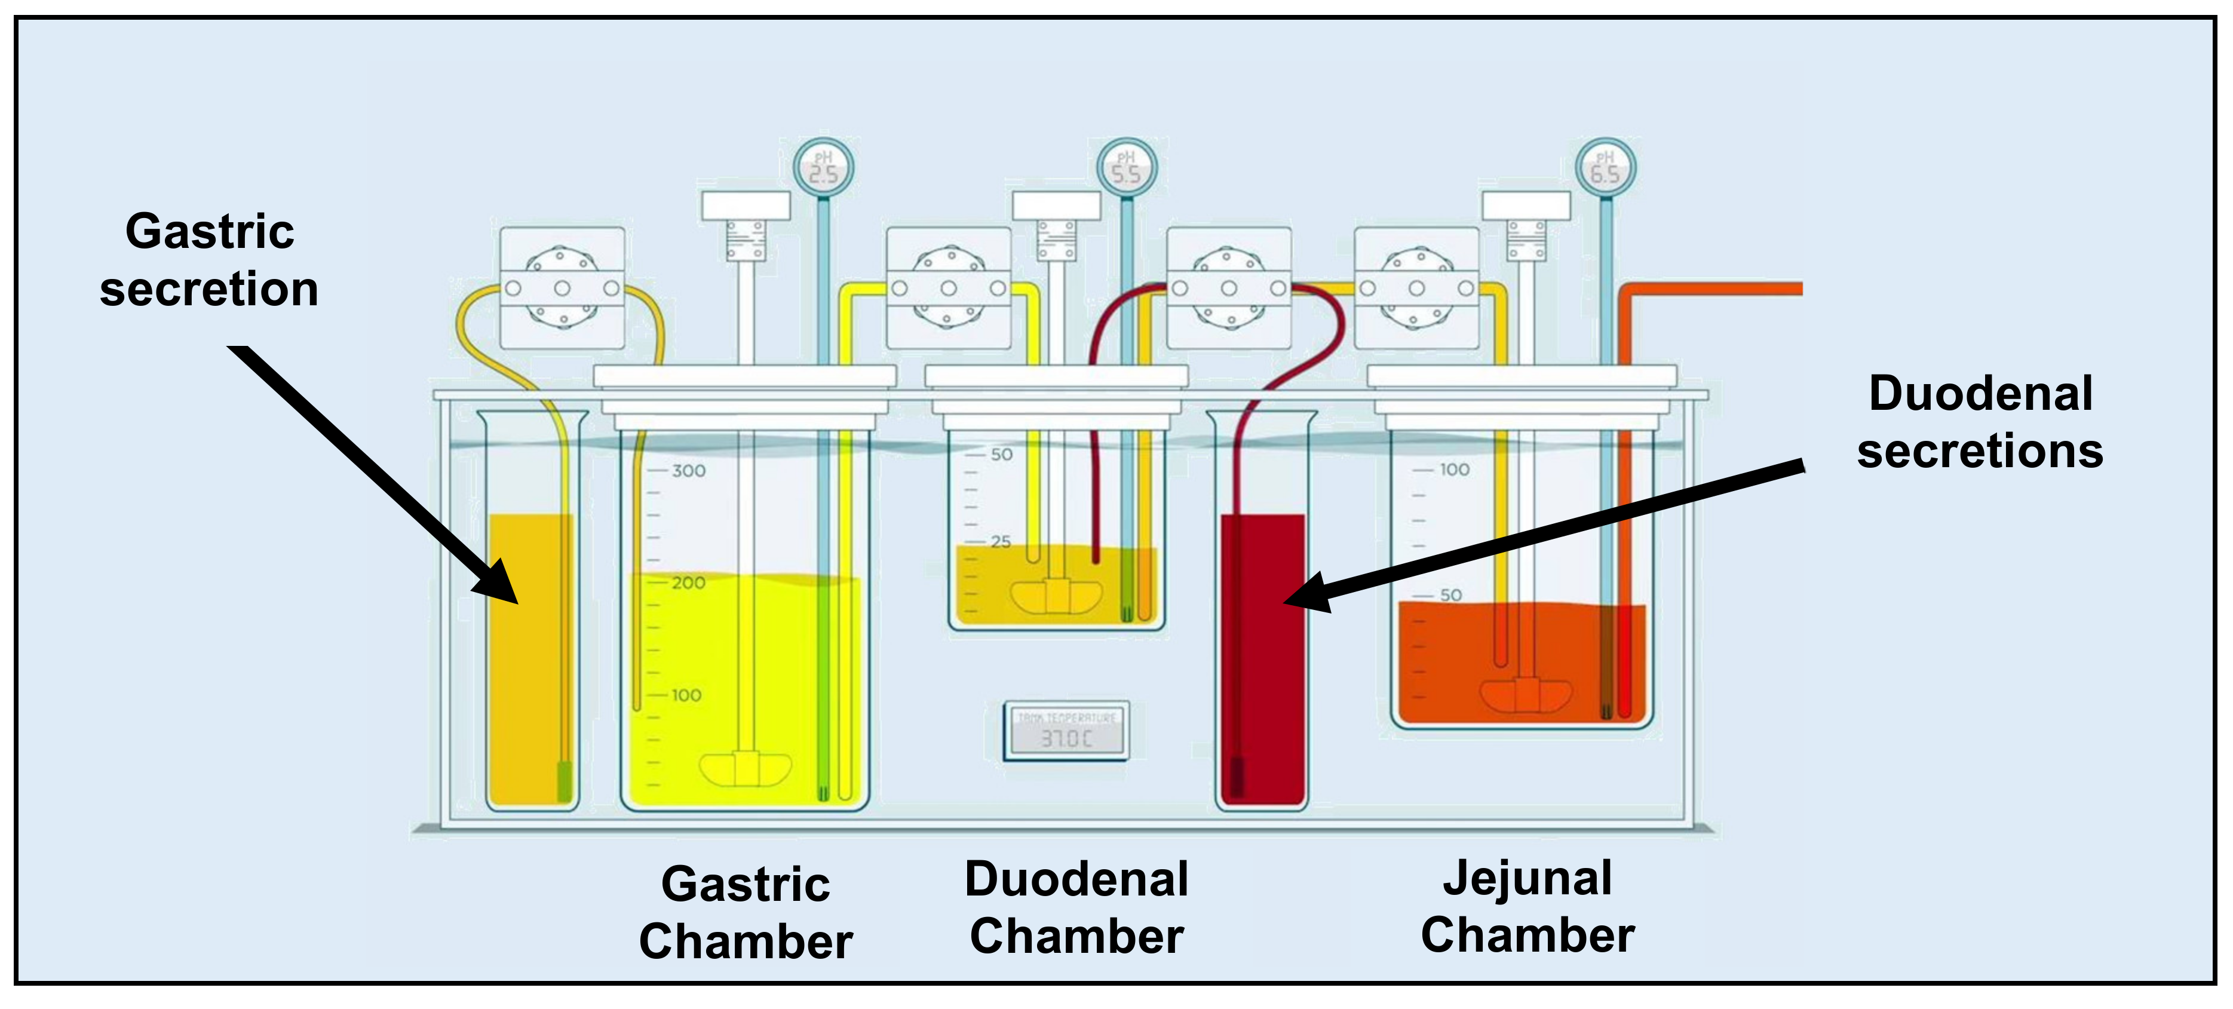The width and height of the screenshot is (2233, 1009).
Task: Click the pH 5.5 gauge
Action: [1126, 167]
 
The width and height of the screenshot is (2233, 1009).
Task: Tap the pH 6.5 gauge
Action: [1605, 167]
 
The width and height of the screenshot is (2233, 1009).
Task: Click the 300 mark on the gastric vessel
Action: [688, 471]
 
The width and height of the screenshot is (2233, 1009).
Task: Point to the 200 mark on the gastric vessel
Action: [688, 582]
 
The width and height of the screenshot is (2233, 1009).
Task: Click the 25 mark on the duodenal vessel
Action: [1001, 542]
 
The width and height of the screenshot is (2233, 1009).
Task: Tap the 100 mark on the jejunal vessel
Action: [1453, 470]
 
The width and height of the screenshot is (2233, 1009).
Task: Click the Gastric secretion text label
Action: [209, 259]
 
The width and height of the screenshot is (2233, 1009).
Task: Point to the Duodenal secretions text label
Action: [1980, 422]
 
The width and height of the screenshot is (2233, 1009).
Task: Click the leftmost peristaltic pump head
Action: [562, 288]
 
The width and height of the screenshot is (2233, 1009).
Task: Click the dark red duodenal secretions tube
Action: [1262, 659]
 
